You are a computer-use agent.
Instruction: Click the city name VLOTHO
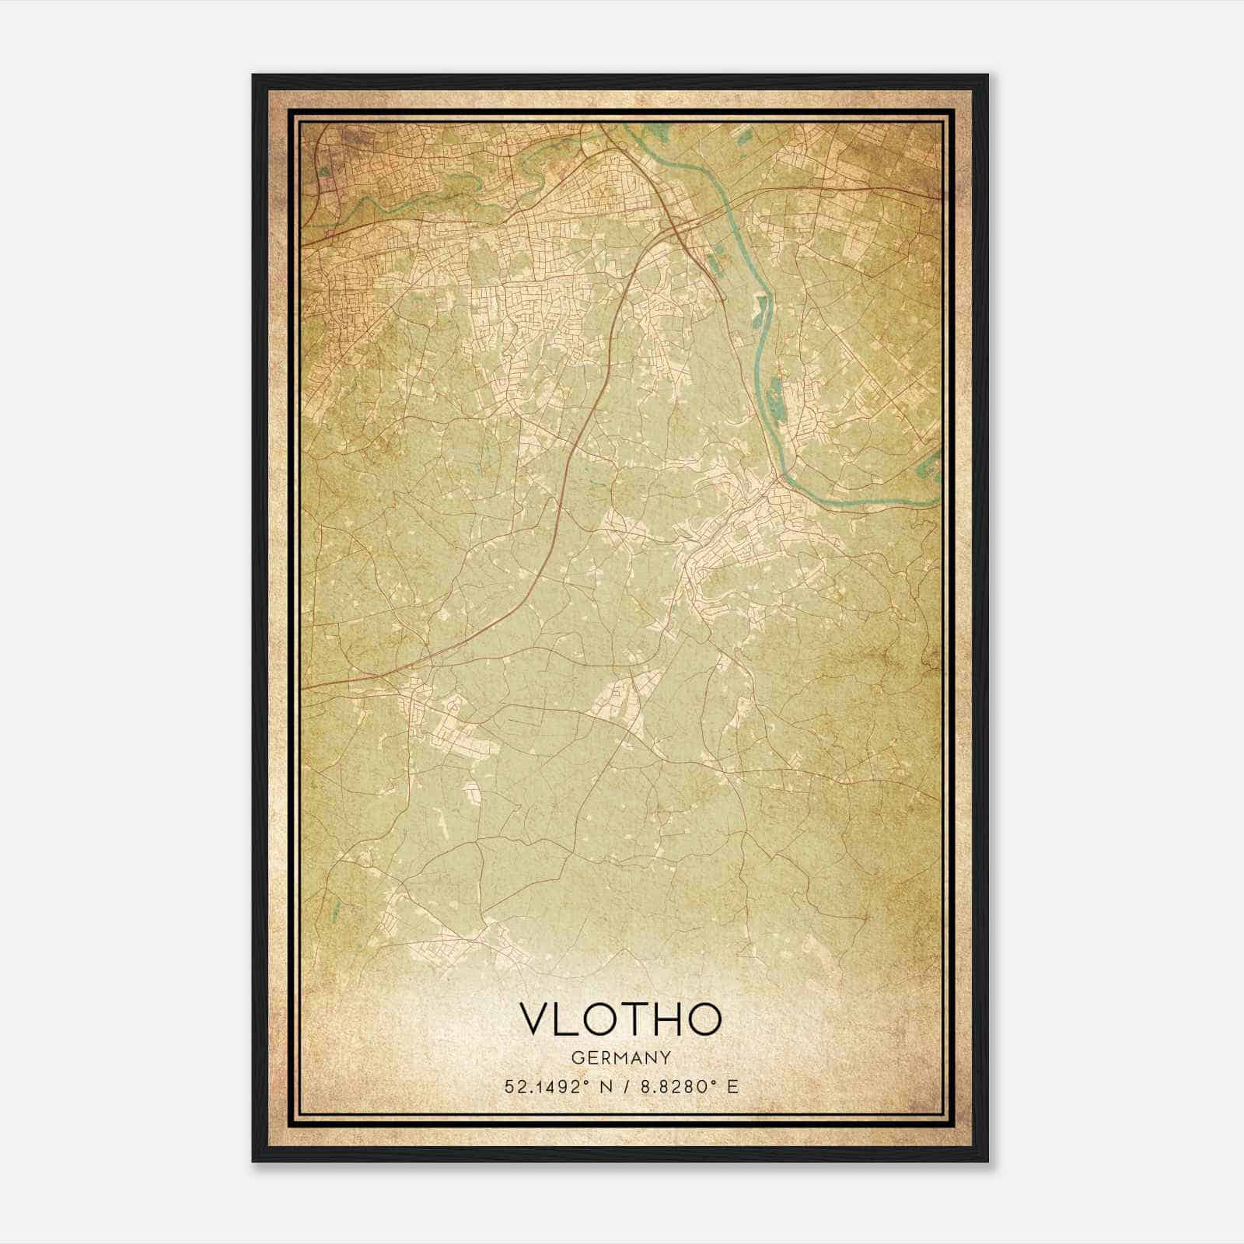click(620, 1019)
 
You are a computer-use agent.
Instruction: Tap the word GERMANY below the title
click(620, 1058)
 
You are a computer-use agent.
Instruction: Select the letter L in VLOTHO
click(567, 1019)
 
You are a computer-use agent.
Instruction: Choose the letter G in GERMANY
click(575, 1058)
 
